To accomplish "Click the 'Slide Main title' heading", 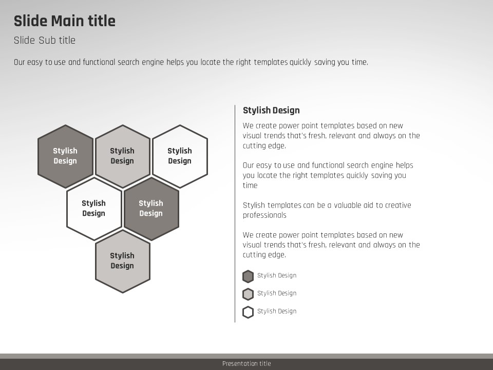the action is click(65, 21).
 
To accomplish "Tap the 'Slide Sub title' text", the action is click(45, 40).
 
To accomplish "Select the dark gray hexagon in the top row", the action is click(65, 156).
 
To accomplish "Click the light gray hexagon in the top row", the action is click(123, 156).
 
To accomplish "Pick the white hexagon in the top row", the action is click(180, 156).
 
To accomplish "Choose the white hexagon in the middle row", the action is click(94, 209).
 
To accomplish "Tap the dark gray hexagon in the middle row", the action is click(151, 209).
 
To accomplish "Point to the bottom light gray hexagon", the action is click(123, 262).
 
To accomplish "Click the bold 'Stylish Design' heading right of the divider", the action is click(271, 110).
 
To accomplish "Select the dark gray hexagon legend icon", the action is click(248, 276).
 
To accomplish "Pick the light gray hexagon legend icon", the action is click(248, 294).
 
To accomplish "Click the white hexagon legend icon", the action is click(248, 312).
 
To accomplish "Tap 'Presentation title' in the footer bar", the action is click(246, 364).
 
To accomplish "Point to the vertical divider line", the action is click(235, 214).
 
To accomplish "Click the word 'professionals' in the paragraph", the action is click(264, 215).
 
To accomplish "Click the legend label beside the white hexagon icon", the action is click(277, 311).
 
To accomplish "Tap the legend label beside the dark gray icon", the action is click(277, 275).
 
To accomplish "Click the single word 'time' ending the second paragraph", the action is click(250, 186).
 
